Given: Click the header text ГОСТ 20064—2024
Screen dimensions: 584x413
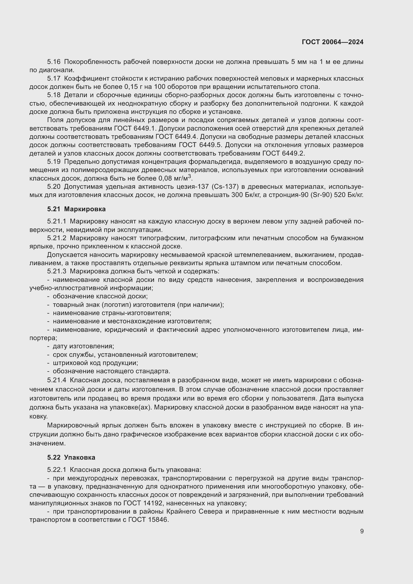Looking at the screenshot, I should pos(333,42).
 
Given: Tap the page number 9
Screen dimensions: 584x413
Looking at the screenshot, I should pos(362,531).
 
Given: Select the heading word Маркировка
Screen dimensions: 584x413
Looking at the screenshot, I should pos(85,209).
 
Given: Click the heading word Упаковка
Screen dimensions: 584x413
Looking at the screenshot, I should pos(80,457).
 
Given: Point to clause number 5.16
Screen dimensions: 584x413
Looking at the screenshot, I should pos(54,62).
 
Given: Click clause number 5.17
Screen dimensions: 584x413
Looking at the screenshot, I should pos(54,79).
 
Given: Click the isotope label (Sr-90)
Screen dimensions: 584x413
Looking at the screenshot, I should pos(322,195).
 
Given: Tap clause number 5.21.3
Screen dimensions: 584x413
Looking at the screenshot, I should pos(57,271).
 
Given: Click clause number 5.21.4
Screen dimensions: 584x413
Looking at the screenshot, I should pos(57,380).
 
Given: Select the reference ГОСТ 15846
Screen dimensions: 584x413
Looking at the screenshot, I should pos(148,520).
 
